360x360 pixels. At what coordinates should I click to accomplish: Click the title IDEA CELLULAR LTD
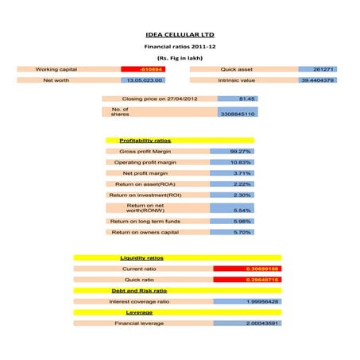click(180, 35)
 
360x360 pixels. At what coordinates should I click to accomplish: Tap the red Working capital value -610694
click(143, 70)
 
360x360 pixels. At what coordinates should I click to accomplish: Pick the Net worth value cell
click(143, 80)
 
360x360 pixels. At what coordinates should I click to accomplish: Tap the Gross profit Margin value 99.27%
click(232, 151)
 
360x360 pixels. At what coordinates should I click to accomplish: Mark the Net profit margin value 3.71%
click(232, 173)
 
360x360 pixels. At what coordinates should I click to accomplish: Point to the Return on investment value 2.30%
click(232, 195)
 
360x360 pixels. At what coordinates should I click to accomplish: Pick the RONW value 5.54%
click(232, 210)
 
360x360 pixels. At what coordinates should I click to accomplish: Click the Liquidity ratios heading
click(141, 258)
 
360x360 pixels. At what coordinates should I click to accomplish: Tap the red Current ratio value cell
click(247, 269)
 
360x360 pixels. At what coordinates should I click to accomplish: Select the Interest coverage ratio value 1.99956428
click(247, 302)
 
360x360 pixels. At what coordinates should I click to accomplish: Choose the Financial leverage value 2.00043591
click(247, 323)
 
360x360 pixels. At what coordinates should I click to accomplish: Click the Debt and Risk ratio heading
click(141, 291)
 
